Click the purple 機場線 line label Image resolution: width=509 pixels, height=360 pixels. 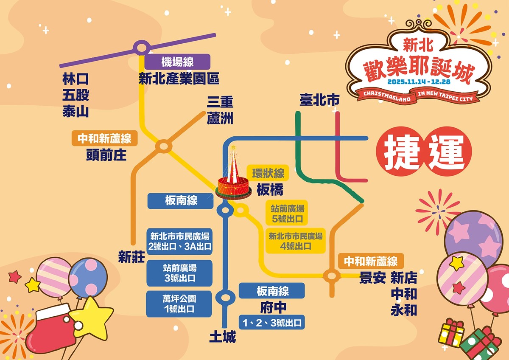pyautogui.click(x=177, y=62)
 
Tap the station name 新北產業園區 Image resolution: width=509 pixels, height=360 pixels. pyautogui.click(x=179, y=79)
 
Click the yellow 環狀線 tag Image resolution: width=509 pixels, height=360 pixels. pyautogui.click(x=268, y=173)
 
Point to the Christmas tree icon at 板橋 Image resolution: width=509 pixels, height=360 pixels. pyautogui.click(x=233, y=179)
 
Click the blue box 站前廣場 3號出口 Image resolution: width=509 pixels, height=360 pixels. pyautogui.click(x=179, y=273)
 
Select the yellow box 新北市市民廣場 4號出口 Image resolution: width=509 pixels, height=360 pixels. pyautogui.click(x=296, y=241)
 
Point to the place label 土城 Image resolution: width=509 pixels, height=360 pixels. pyautogui.click(x=222, y=337)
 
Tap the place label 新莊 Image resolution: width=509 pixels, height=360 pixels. pyautogui.click(x=131, y=257)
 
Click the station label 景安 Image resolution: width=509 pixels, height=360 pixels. pyautogui.click(x=373, y=278)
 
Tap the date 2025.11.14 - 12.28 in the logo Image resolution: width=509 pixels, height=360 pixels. pyautogui.click(x=419, y=81)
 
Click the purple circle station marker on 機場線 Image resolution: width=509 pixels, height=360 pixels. pyautogui.click(x=140, y=48)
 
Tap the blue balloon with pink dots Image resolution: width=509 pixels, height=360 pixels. pyautogui.click(x=88, y=278)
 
